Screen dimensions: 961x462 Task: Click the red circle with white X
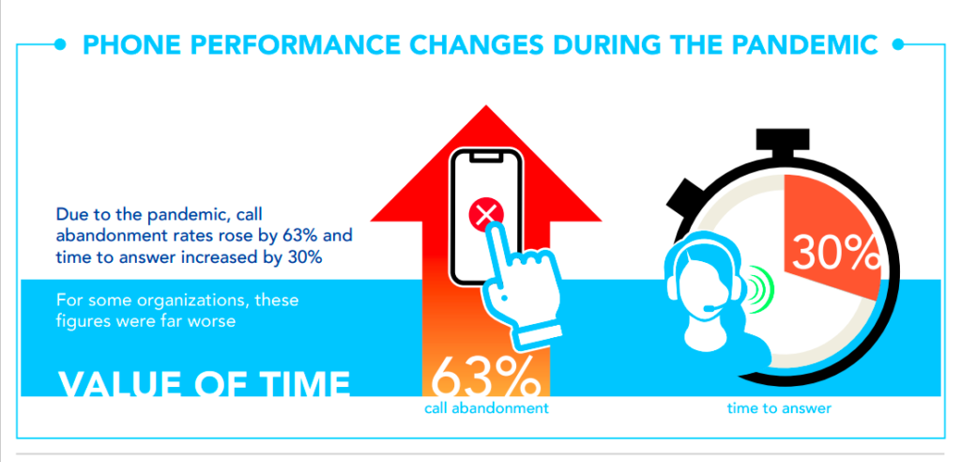coord(486,215)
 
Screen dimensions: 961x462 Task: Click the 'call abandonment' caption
coord(486,408)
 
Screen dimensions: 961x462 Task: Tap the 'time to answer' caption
coord(779,408)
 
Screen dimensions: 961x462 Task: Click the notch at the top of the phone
coord(486,157)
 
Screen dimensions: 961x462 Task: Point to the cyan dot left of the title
coord(60,44)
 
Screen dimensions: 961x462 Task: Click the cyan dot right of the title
coord(898,44)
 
